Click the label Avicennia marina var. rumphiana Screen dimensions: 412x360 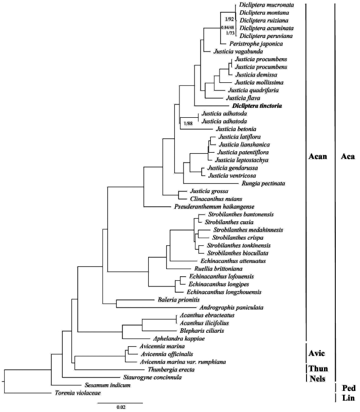coord(175,362)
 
